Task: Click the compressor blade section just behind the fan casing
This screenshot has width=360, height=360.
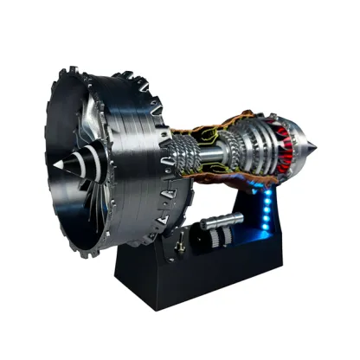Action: pyautogui.click(x=188, y=156)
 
